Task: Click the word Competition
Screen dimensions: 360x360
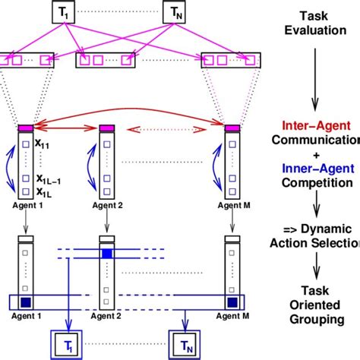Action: (x=320, y=183)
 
